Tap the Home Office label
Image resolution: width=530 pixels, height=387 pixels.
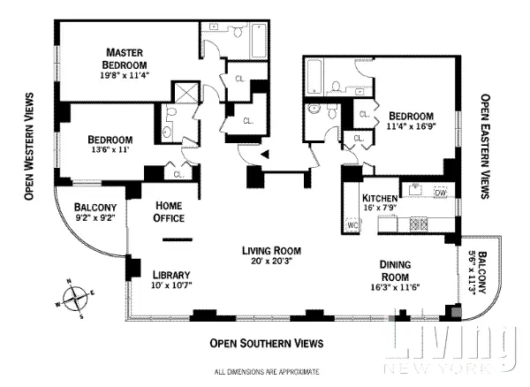[169, 211]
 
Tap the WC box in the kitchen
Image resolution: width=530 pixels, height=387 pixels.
[352, 226]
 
